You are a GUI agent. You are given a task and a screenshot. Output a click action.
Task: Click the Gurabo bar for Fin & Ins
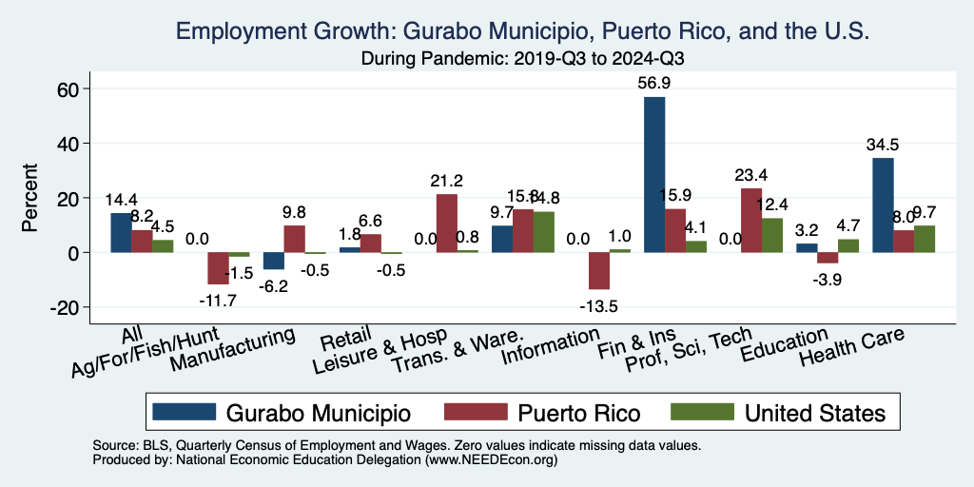[x=654, y=175]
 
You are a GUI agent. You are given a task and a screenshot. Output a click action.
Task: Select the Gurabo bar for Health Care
[x=883, y=205]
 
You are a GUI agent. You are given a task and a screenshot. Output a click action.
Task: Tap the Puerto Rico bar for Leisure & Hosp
[x=446, y=224]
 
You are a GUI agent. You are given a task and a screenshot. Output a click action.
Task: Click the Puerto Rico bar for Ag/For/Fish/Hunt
[x=218, y=268]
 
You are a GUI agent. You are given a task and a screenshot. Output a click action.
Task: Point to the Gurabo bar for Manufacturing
[x=274, y=261]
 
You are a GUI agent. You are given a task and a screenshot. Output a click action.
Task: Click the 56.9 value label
[x=654, y=83]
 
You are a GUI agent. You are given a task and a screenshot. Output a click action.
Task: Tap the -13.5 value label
[x=598, y=305]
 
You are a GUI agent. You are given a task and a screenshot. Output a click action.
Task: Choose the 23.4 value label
[x=750, y=175]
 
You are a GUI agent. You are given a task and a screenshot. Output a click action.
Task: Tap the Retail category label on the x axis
[x=340, y=340]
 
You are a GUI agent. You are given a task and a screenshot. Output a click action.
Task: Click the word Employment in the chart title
[x=242, y=32]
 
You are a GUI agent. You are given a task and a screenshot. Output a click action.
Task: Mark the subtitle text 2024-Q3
[x=647, y=58]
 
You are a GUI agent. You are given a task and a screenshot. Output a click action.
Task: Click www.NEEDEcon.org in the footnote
[x=494, y=459]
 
